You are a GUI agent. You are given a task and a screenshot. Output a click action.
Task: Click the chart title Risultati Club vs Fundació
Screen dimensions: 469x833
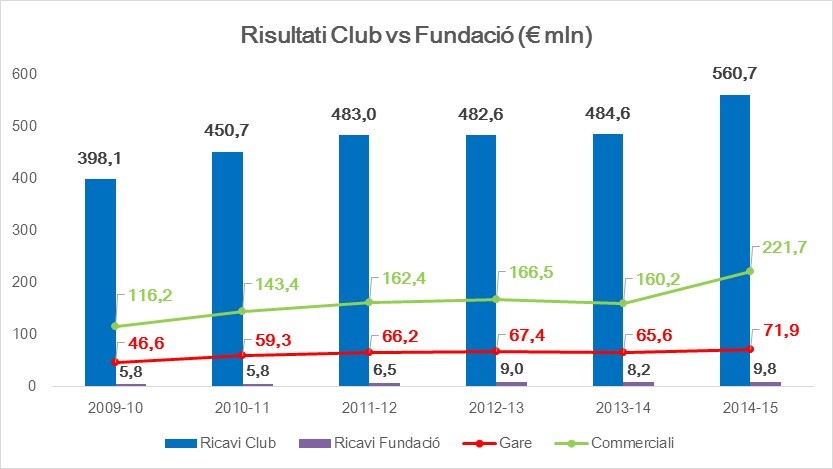(417, 37)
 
